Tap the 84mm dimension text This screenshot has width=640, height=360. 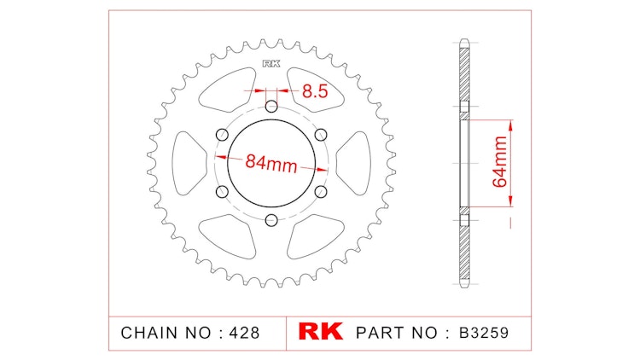(x=271, y=163)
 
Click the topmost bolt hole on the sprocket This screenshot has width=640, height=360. (x=271, y=107)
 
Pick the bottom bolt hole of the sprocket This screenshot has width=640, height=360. (x=271, y=221)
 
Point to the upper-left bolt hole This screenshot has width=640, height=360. (x=222, y=135)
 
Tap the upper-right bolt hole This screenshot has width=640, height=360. (x=321, y=135)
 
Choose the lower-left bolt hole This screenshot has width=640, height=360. (x=222, y=192)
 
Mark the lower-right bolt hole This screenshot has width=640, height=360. (x=321, y=192)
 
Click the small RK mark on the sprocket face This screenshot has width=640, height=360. (x=271, y=63)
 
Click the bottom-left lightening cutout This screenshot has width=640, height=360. (x=226, y=236)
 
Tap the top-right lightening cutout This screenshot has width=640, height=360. (x=316, y=85)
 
